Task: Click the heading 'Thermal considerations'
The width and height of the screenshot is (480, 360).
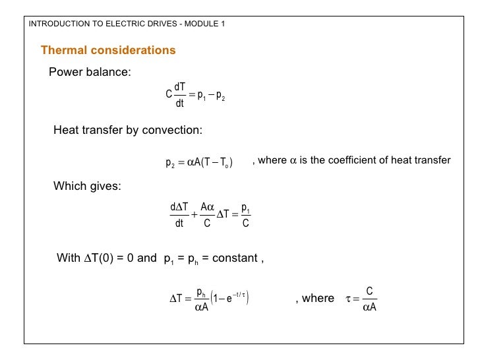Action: (108, 51)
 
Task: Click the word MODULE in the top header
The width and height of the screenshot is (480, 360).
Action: (200, 24)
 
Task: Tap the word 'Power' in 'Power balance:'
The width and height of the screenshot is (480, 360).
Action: (66, 73)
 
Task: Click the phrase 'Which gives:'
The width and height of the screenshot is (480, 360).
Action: (87, 186)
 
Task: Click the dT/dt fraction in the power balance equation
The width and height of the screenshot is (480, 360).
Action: (179, 94)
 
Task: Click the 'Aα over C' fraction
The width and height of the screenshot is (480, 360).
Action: (207, 216)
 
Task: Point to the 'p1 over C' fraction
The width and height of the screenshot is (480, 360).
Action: (245, 216)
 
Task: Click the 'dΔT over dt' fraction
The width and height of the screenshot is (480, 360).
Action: (179, 216)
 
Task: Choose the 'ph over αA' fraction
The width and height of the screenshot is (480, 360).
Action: (202, 299)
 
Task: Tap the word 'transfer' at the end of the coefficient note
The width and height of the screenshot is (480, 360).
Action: (433, 160)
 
